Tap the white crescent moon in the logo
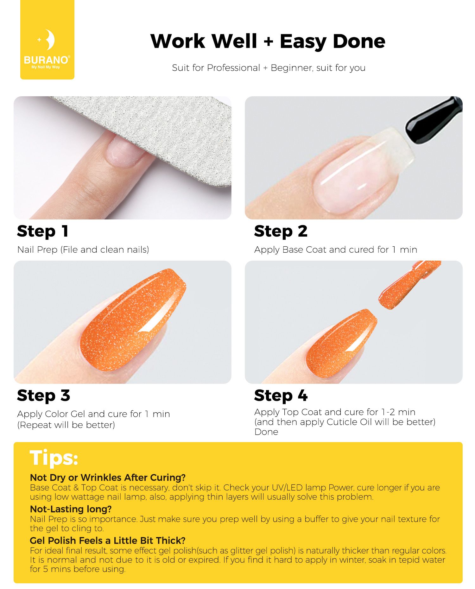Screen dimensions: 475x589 coord(49,40)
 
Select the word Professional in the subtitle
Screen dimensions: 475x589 coord(233,68)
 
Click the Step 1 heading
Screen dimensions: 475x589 coord(43,231)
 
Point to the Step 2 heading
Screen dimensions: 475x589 coord(281,231)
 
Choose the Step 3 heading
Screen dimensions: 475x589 coord(43,396)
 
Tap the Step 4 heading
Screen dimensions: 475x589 coord(281,396)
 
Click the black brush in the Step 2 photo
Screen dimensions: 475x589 coord(434,120)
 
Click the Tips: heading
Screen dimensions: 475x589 coord(54,458)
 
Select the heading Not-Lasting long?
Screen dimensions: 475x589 coord(71,509)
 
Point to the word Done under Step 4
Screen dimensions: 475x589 coord(266,432)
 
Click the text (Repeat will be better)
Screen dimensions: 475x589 coord(66,425)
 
